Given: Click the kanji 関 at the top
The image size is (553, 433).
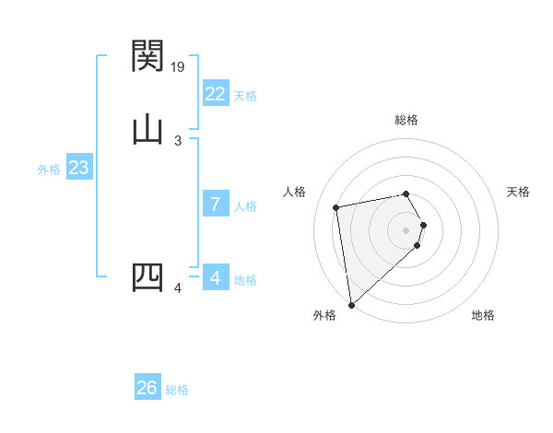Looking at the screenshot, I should coord(147,56).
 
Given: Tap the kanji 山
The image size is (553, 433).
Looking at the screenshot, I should coord(147,130).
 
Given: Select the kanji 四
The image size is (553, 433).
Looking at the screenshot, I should coord(147,277).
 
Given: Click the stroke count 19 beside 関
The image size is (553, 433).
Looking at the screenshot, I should coord(179,67).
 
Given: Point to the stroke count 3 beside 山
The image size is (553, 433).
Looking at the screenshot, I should coord(178,141).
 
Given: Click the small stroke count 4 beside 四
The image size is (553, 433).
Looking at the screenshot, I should coord(178,288).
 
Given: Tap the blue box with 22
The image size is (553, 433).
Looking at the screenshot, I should coord(215,94).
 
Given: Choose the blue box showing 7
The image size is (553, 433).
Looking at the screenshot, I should coord(215,205).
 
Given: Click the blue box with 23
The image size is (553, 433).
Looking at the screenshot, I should coord(78,169).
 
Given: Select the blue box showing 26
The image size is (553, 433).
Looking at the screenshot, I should coord(147,388).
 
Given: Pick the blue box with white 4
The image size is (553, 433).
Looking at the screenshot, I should coord(215,278).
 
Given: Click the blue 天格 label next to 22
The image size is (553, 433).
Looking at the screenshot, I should coord(244,96).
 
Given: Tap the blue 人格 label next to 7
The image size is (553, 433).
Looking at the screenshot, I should coord(245,206).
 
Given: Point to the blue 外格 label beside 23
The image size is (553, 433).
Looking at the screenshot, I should coord(49,170).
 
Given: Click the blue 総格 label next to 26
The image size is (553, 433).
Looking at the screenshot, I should coord(177,390).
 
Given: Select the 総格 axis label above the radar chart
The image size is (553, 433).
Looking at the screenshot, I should coord(406,120).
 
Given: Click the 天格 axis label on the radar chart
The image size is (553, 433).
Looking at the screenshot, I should coord(518,192).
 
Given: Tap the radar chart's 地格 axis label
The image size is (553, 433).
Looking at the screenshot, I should coord(483,315).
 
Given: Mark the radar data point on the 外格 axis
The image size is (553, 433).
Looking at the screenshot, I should coord(351,303).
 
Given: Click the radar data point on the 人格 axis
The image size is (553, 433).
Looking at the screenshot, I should coord(336,206).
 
